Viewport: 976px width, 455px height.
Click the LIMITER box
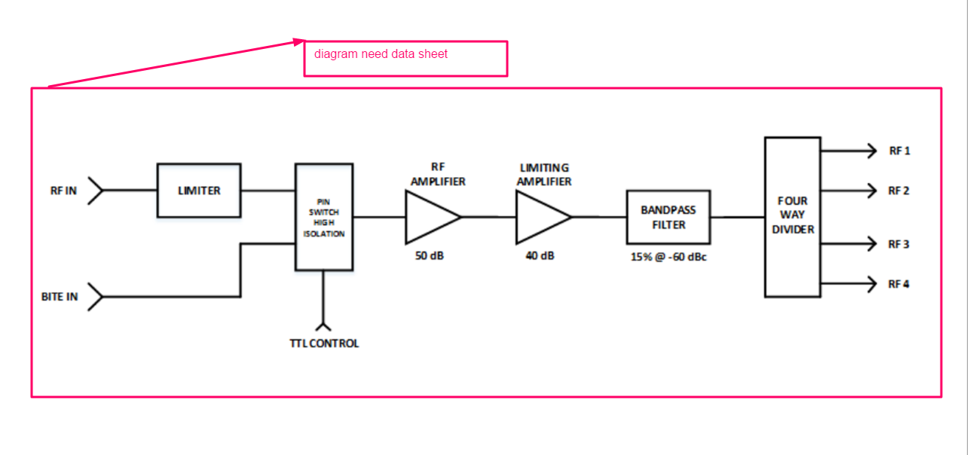click(x=199, y=191)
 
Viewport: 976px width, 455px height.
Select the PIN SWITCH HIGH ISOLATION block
click(x=324, y=217)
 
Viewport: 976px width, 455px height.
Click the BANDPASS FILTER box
click(x=668, y=217)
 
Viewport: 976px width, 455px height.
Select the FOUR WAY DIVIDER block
click(x=793, y=217)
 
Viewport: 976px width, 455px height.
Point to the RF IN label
click(x=63, y=191)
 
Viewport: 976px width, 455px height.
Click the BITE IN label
click(x=60, y=297)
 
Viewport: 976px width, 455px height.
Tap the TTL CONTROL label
click(x=324, y=344)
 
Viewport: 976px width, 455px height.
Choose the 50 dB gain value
click(x=430, y=256)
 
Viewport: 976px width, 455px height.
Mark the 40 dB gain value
click(x=540, y=256)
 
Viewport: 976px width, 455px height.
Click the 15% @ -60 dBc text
click(x=669, y=256)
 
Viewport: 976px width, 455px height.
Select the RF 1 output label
click(x=899, y=151)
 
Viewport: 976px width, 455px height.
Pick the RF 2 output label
click(x=899, y=191)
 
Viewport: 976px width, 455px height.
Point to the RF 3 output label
click(x=899, y=244)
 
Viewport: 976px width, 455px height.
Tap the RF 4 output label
click(x=899, y=284)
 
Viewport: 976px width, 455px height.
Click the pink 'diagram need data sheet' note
click(x=405, y=58)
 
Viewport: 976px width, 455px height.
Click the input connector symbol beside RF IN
click(x=95, y=191)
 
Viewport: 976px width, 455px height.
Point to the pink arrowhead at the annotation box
click(x=299, y=42)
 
